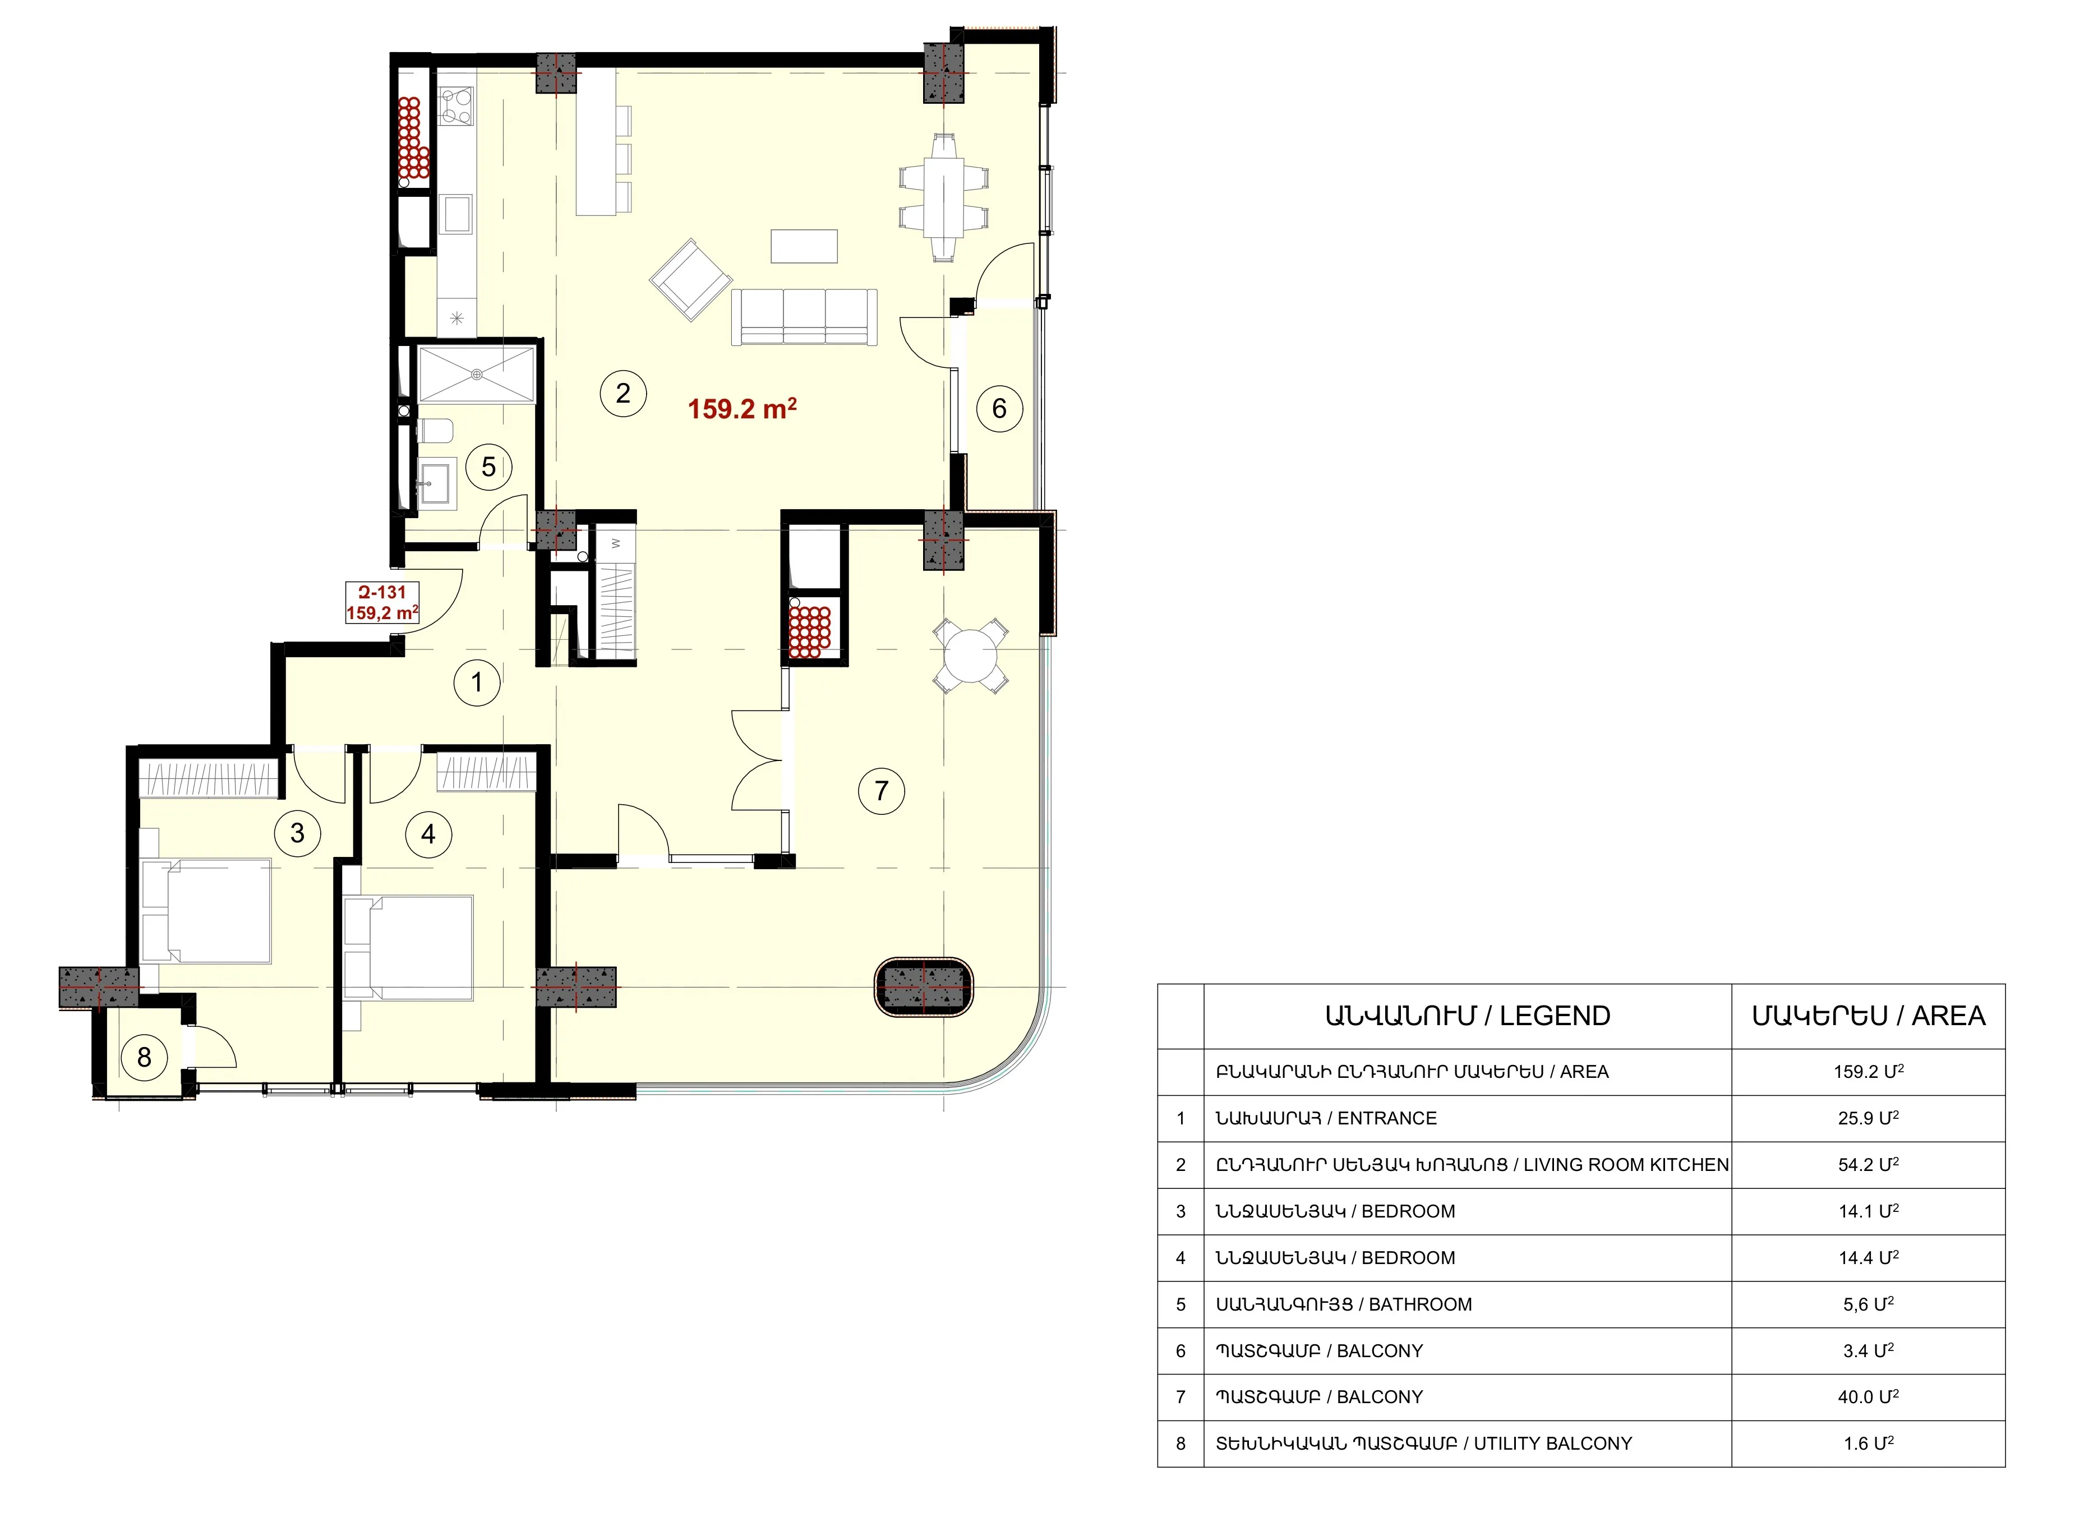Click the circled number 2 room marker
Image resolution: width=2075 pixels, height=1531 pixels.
pyautogui.click(x=622, y=393)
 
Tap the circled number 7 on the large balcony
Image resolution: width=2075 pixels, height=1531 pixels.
pyautogui.click(x=882, y=791)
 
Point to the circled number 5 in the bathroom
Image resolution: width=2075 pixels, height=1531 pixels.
pyautogui.click(x=488, y=467)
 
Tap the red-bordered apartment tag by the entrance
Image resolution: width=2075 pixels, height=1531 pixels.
pyautogui.click(x=382, y=602)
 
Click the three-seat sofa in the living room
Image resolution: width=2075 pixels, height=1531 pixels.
pyautogui.click(x=804, y=317)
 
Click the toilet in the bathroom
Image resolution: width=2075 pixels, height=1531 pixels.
pyautogui.click(x=436, y=431)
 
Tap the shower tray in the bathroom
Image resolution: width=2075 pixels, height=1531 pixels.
pyautogui.click(x=476, y=375)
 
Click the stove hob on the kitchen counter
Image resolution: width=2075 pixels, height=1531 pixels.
pyautogui.click(x=456, y=105)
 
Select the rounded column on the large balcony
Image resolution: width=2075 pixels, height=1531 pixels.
pyautogui.click(x=924, y=987)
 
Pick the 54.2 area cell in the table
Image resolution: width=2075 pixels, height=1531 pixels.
pyautogui.click(x=1868, y=1164)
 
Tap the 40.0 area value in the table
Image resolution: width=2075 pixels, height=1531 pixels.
pyautogui.click(x=1868, y=1396)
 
